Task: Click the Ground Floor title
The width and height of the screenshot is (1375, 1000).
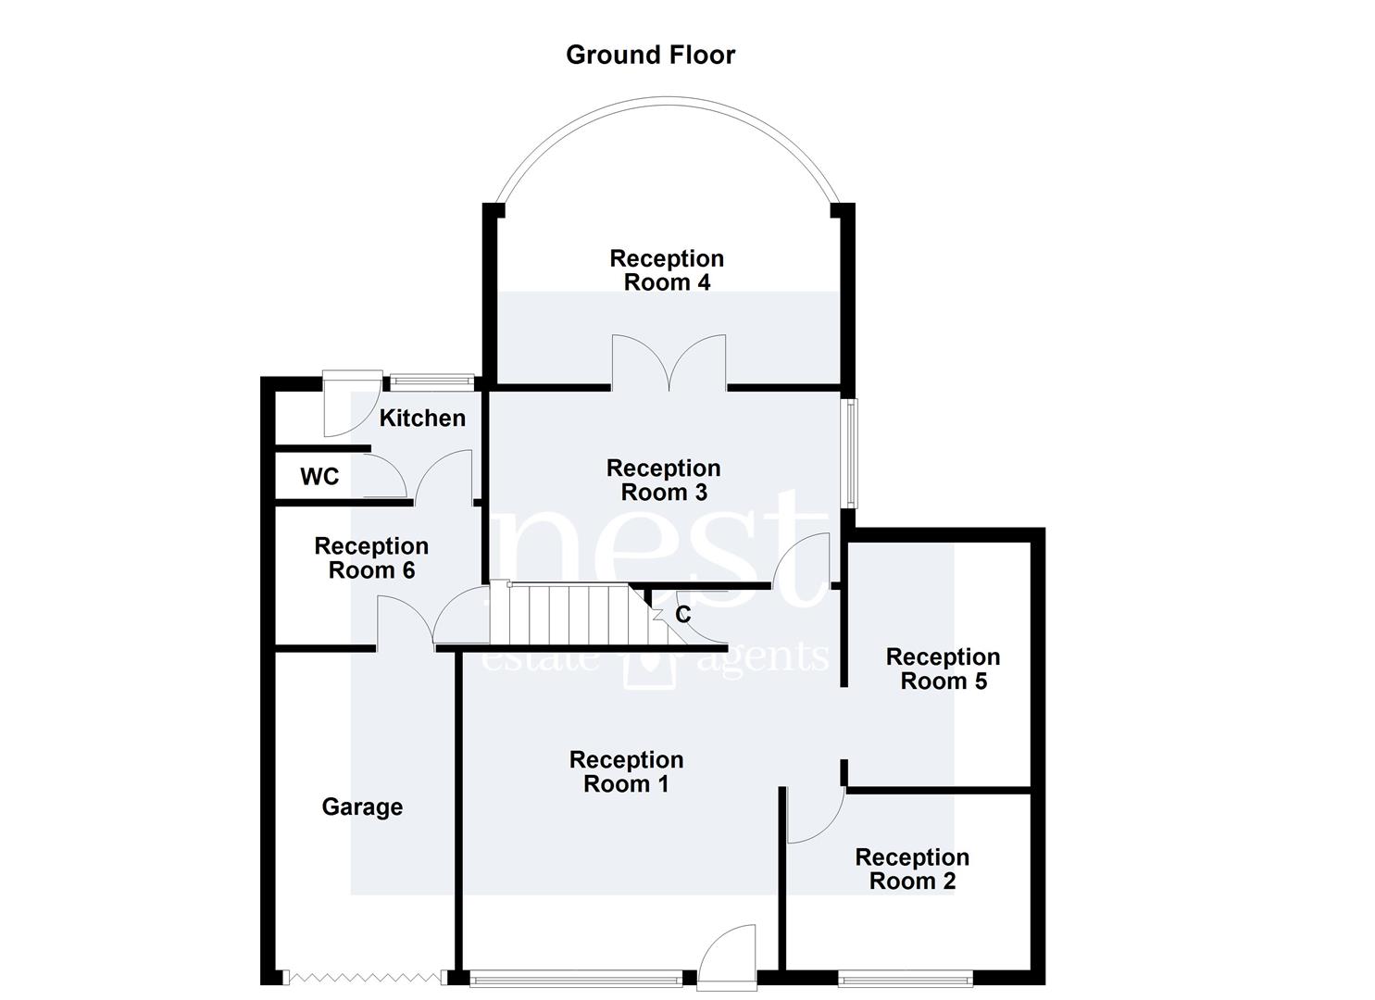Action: [650, 56]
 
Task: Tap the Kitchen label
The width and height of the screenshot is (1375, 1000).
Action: [422, 418]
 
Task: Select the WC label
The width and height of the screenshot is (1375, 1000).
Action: [319, 476]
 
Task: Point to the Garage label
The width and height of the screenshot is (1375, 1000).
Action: [362, 807]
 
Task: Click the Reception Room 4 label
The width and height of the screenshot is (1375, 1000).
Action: [667, 270]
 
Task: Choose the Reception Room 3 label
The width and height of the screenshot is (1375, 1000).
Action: [664, 480]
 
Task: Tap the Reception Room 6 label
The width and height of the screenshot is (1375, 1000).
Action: [371, 558]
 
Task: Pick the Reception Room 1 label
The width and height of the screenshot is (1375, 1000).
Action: [626, 771]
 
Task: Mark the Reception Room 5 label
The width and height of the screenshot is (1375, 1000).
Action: [943, 669]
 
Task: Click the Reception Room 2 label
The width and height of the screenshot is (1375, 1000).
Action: [912, 869]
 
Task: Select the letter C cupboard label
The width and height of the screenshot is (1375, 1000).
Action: [682, 614]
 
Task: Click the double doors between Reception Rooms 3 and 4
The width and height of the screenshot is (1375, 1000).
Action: [669, 363]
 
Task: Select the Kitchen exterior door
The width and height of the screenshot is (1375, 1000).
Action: [353, 404]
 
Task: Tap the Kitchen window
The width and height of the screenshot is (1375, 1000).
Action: [432, 381]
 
